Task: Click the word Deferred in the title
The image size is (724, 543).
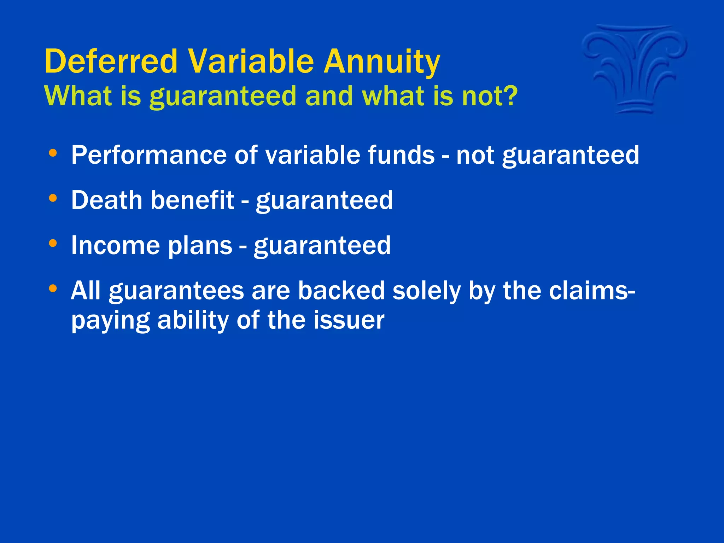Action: pyautogui.click(x=111, y=61)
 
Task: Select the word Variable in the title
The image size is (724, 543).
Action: pyautogui.click(x=251, y=61)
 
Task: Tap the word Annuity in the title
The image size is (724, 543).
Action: pyautogui.click(x=382, y=62)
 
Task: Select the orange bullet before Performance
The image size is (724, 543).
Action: pyautogui.click(x=53, y=153)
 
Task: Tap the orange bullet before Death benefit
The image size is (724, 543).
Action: pyautogui.click(x=53, y=198)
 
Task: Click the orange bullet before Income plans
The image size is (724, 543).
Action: pyautogui.click(x=53, y=244)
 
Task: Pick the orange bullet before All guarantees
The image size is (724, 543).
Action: pyautogui.click(x=53, y=289)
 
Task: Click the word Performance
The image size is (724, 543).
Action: pyautogui.click(x=148, y=155)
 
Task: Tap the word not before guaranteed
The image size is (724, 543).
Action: pyautogui.click(x=475, y=155)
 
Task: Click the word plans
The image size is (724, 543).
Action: pyautogui.click(x=200, y=246)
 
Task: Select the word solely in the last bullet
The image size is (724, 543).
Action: pyautogui.click(x=426, y=291)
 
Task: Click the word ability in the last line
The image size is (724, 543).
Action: pyautogui.click(x=193, y=321)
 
